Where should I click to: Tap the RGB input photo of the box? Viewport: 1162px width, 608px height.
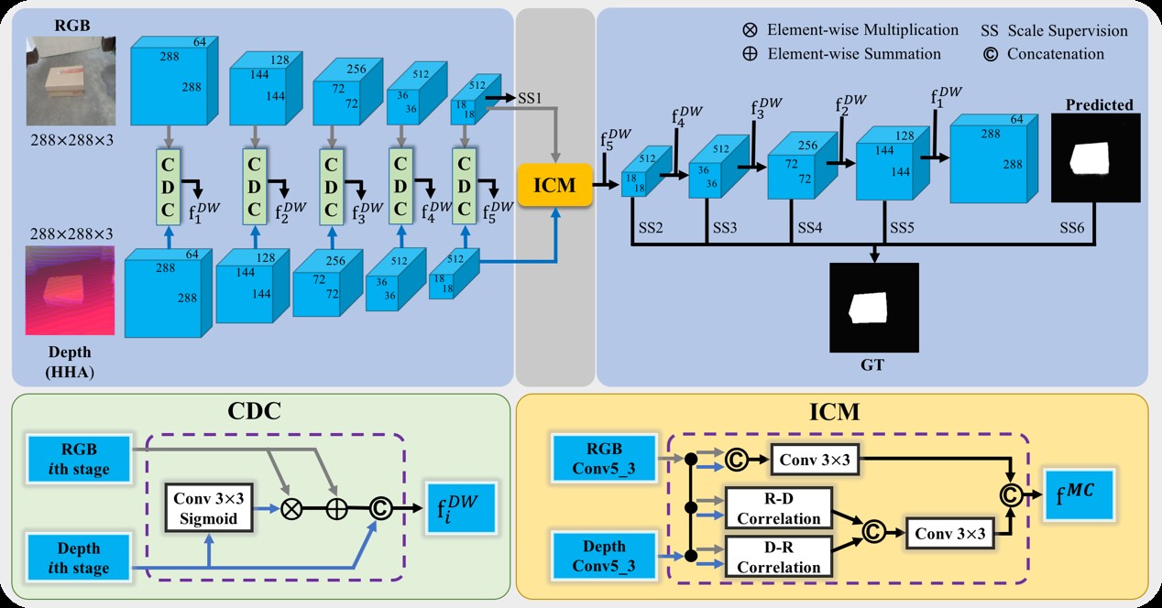point(71,80)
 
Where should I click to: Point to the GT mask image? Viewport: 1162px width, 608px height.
point(873,307)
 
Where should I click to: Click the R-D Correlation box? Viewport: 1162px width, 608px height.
point(778,507)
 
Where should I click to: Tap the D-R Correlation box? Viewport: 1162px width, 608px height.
point(778,557)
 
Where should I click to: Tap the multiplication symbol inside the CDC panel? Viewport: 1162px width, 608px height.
point(290,509)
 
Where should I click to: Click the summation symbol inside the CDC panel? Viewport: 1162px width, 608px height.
point(336,509)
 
